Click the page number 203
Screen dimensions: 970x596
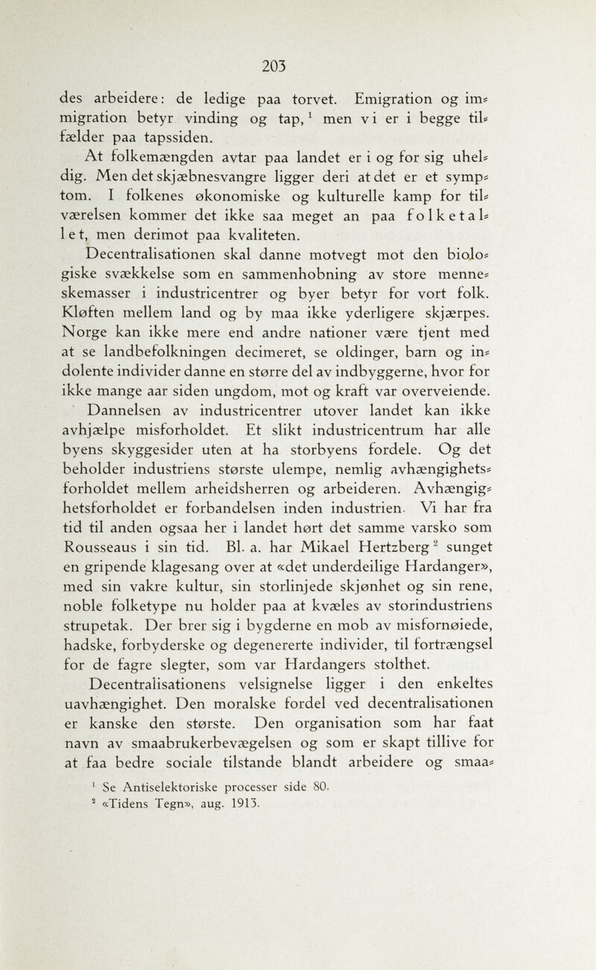[x=298, y=65]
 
